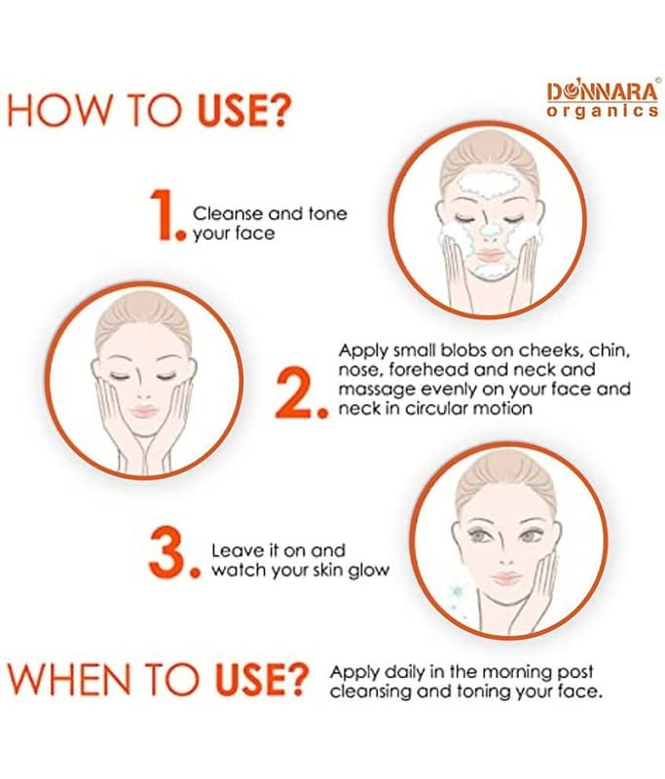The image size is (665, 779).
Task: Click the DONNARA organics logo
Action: pyautogui.click(x=603, y=100)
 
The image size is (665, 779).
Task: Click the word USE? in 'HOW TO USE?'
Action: pyautogui.click(x=242, y=111)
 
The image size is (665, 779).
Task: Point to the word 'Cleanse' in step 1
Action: pyautogui.click(x=228, y=213)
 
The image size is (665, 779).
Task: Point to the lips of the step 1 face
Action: pyautogui.click(x=491, y=256)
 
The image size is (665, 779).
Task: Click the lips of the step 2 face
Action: pyautogui.click(x=144, y=411)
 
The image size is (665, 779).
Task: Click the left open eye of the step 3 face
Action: pyautogui.click(x=479, y=536)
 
